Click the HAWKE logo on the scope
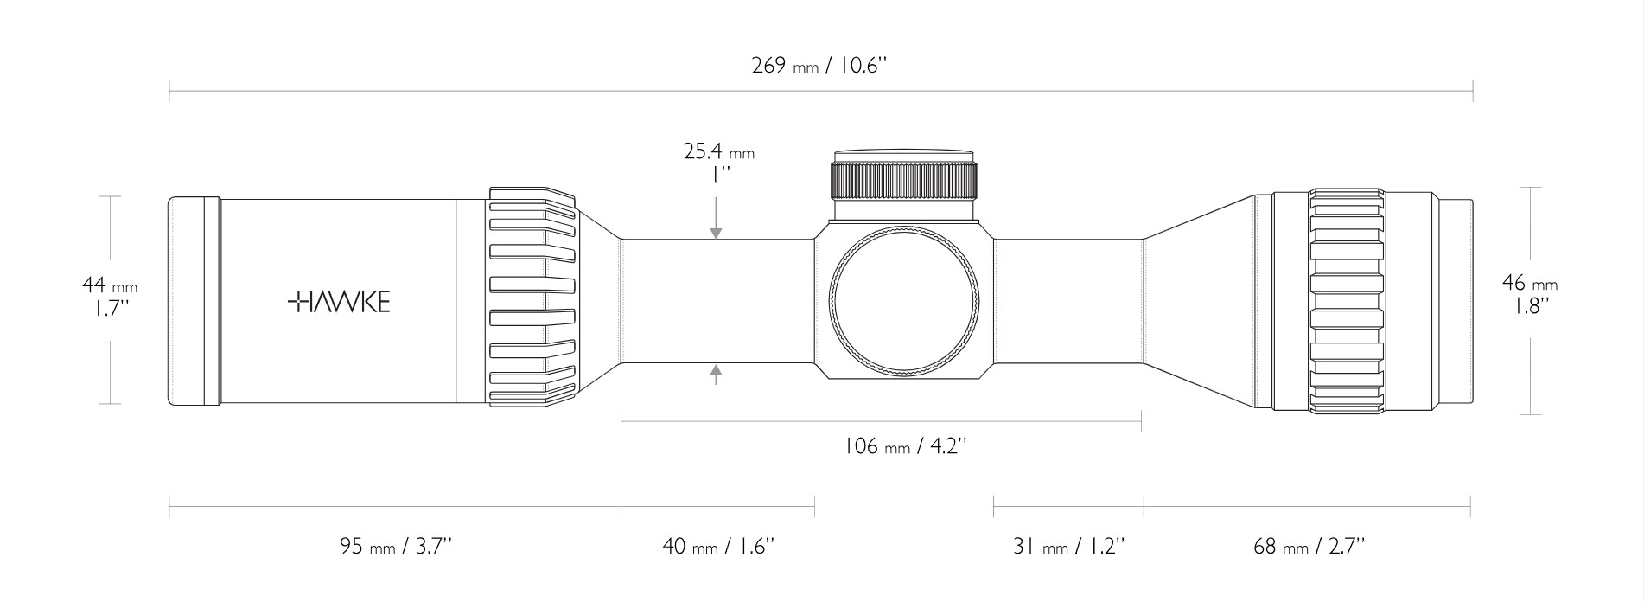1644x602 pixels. pos(338,301)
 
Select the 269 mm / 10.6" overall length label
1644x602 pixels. pos(819,66)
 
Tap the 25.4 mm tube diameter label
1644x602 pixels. pos(718,152)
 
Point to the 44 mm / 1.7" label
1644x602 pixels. pos(110,296)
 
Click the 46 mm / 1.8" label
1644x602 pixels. pos(1530,294)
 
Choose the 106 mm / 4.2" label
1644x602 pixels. pos(904,446)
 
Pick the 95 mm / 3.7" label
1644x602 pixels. pos(396,547)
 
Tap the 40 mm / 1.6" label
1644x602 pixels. pos(718,547)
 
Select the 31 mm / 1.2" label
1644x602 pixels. pos(1069,547)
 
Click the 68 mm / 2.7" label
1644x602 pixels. pos(1309,547)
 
